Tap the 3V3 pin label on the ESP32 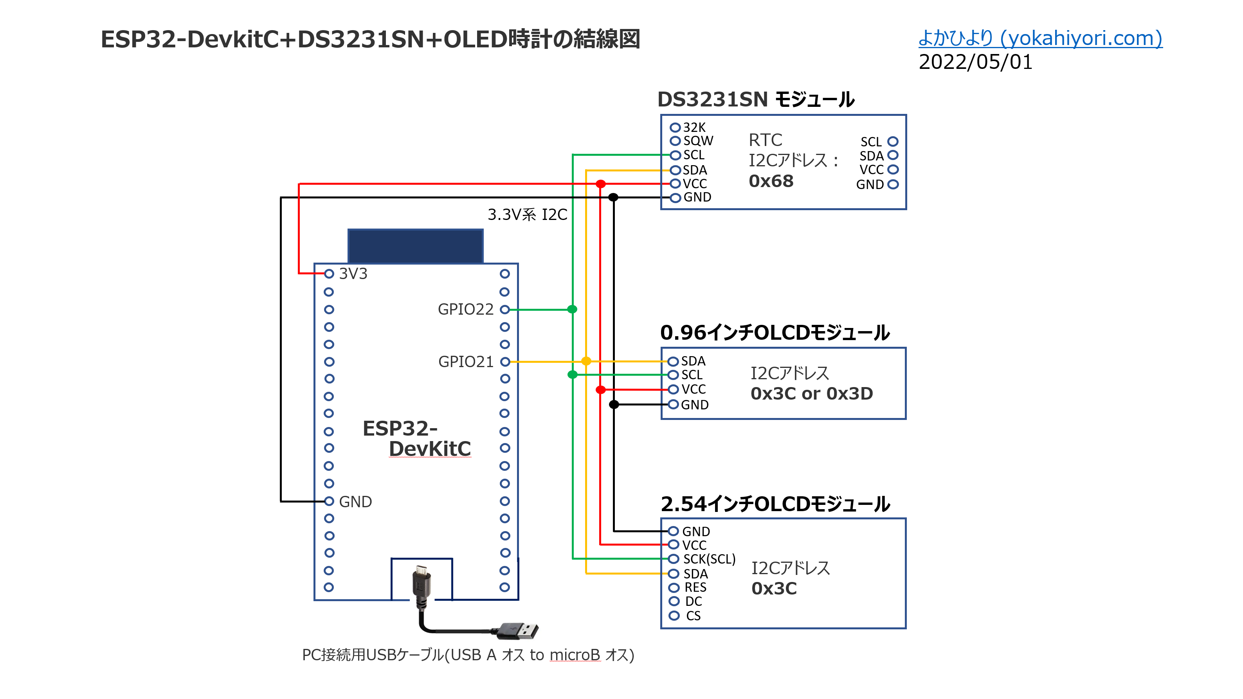click(353, 274)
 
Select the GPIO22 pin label click(465, 309)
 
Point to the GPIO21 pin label click(465, 362)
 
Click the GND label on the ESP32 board click(355, 502)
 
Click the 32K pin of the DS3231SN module click(694, 127)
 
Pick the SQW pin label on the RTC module click(698, 141)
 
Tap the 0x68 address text click(771, 181)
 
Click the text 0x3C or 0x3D click(811, 394)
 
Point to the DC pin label click(694, 602)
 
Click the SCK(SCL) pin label click(709, 559)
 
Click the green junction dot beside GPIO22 click(572, 309)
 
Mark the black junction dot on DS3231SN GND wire click(613, 197)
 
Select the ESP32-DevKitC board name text click(416, 438)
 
